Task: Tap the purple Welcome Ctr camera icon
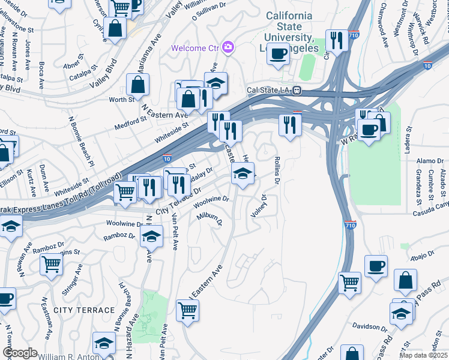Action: (x=228, y=47)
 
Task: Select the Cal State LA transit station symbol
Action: (x=297, y=91)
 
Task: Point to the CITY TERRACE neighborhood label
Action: (x=83, y=310)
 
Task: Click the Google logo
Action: (x=20, y=353)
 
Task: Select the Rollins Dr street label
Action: (x=277, y=170)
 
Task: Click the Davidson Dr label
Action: (x=370, y=328)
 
